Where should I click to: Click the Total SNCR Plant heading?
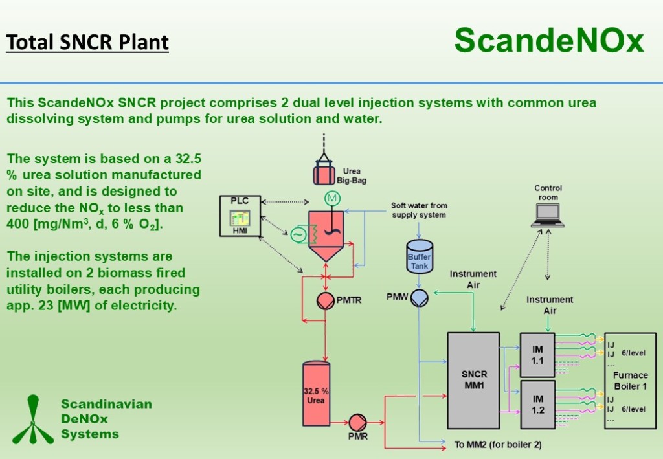pos(87,43)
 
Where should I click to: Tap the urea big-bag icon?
pos(324,171)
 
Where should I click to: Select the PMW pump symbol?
pos(420,298)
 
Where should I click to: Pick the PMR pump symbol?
pos(357,423)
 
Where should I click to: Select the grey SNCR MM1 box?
pos(473,380)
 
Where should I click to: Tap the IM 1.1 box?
pos(537,355)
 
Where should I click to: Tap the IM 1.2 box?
pos(537,405)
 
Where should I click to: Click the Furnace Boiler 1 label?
pos(630,381)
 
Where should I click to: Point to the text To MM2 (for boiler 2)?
pos(497,445)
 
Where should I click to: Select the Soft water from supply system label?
pos(419,210)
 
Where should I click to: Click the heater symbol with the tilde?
pos(298,234)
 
